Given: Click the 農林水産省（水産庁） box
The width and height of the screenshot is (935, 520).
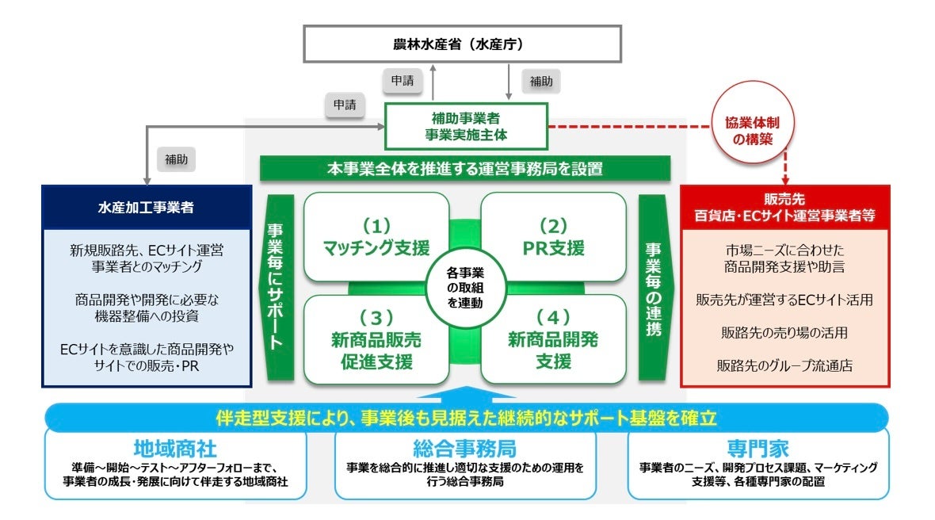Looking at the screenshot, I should (464, 44).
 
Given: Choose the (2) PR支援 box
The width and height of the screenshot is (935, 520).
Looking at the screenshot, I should (553, 237).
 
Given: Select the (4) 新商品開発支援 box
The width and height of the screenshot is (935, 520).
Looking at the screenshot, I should (553, 340).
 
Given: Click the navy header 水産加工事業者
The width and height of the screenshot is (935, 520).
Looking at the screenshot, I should (147, 208).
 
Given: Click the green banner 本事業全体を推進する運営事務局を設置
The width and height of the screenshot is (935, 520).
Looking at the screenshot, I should (465, 168).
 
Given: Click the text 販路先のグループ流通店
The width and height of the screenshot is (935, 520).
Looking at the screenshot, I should (785, 365).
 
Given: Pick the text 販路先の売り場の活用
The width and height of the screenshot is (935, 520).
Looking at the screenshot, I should (785, 333).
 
